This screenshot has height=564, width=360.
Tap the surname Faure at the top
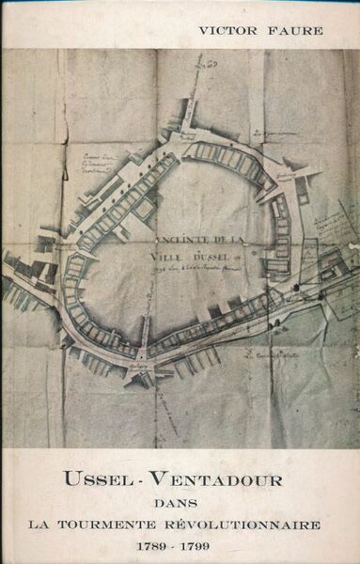pos(296,31)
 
